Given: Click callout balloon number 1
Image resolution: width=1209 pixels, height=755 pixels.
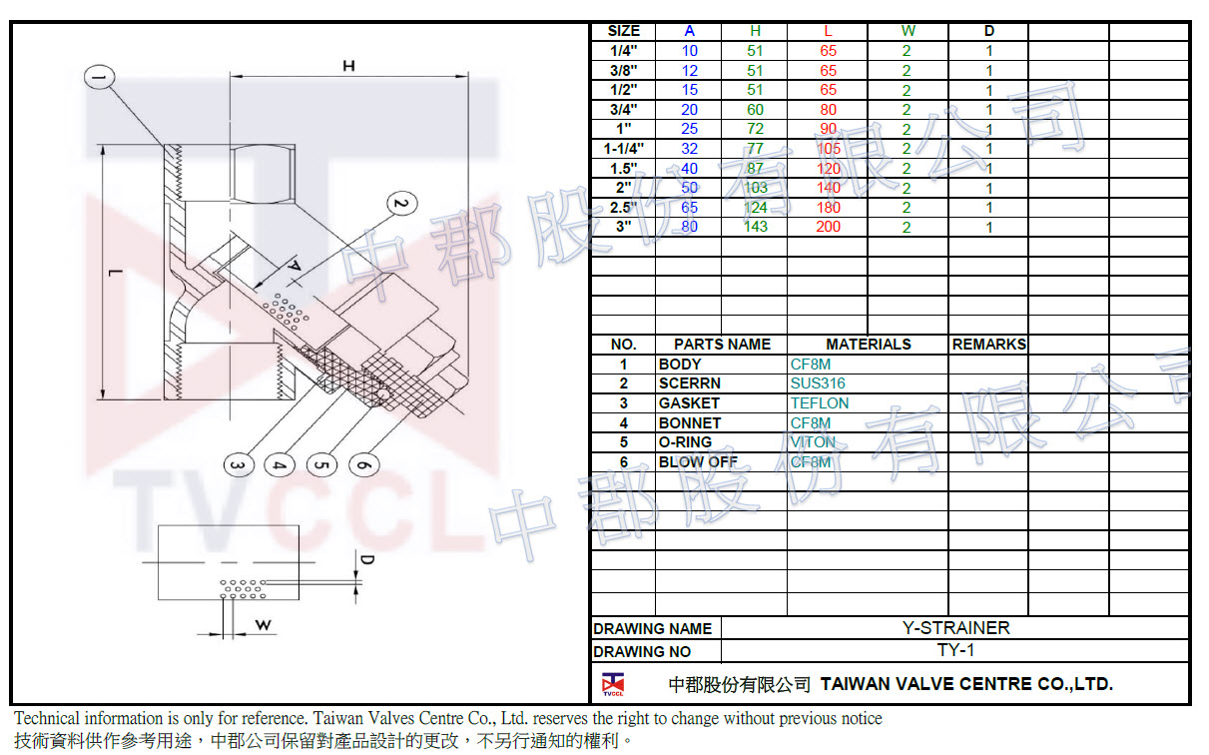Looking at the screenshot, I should click(x=101, y=77).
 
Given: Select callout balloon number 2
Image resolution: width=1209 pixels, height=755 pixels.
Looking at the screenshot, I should click(x=399, y=204).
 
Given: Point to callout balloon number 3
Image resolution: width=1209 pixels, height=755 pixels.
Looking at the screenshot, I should click(x=237, y=465).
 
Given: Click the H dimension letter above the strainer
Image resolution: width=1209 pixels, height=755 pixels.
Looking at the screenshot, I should click(x=348, y=66).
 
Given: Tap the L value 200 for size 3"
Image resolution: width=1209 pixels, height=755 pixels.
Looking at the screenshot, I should click(x=828, y=227).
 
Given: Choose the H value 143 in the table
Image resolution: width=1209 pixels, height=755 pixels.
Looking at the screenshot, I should click(x=755, y=227).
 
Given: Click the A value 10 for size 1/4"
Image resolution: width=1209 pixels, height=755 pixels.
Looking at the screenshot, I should click(x=690, y=51).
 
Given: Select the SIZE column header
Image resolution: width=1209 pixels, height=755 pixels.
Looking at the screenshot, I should click(x=624, y=31).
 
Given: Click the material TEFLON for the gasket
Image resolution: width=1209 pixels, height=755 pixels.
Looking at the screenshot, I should click(x=819, y=403).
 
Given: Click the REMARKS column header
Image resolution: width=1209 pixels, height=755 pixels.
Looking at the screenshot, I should click(x=988, y=344).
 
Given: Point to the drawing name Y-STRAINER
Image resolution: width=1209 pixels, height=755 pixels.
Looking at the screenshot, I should click(x=955, y=628).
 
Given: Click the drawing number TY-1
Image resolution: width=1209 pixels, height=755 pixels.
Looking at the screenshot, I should click(x=955, y=651).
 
